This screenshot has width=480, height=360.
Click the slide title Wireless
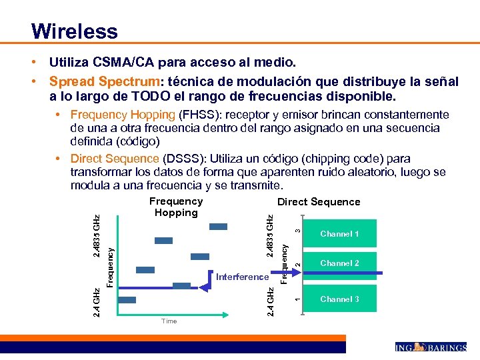pos(74,31)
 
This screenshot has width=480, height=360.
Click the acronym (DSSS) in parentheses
pos(179,159)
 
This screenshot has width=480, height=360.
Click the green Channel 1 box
pos(339,234)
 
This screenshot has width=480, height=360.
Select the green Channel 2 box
pos(339,263)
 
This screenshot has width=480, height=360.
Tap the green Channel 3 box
pos(339,299)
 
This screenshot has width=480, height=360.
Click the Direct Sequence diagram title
pos(319,202)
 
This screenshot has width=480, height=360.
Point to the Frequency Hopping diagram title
pos(176,207)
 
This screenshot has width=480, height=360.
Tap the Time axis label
pos(169,321)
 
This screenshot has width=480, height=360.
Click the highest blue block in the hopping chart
pos(218,227)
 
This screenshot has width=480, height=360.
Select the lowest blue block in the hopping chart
pos(127,300)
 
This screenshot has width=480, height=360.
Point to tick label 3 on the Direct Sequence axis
pos(298,230)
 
